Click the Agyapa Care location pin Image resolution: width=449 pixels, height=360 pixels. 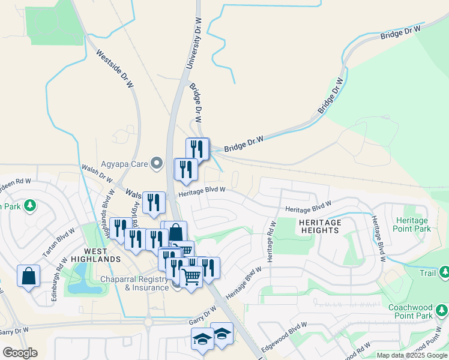(x=157, y=162)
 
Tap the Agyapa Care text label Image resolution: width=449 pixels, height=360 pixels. (x=125, y=162)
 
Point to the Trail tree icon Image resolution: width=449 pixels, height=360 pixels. (x=444, y=274)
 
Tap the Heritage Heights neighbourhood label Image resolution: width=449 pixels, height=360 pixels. (x=320, y=226)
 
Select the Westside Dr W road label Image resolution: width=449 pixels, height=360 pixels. (x=114, y=69)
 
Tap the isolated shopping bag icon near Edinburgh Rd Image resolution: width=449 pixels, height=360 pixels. (x=28, y=277)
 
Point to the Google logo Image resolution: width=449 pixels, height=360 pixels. (x=20, y=353)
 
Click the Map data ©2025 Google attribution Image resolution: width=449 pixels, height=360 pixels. (x=412, y=355)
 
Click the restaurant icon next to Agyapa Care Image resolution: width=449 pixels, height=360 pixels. (x=185, y=169)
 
